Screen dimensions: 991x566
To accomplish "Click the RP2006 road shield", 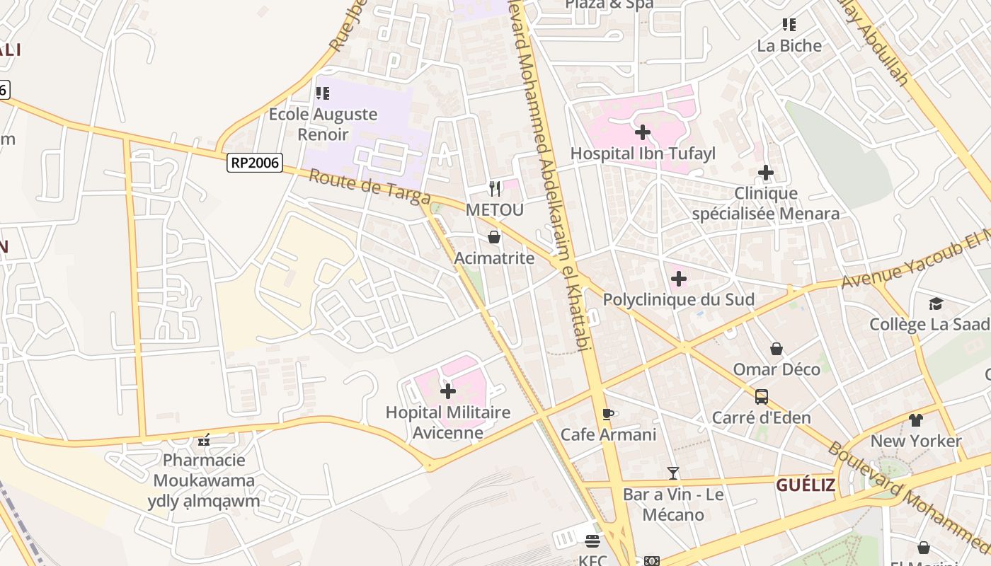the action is click(256, 163).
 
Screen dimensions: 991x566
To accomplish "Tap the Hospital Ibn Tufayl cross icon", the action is click(643, 132).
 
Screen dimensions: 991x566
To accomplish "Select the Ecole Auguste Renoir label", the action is click(323, 124).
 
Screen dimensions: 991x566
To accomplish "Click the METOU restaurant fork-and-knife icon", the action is click(495, 189).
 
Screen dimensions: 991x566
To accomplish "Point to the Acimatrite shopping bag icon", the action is click(494, 237).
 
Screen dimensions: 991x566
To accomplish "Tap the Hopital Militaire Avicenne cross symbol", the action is click(448, 391).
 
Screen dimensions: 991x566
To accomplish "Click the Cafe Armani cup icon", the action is click(607, 414).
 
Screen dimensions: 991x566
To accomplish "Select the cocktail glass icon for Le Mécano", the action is click(672, 473).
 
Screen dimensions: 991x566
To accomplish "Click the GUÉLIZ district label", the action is click(806, 485).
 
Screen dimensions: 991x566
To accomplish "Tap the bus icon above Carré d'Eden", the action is click(762, 397).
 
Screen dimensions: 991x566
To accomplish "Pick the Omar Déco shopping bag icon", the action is click(777, 349).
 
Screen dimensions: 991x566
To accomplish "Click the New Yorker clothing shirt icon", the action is click(916, 420).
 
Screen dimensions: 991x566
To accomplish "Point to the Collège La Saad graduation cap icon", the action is click(936, 304).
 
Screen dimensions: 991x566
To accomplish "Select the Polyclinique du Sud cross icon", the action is click(678, 279).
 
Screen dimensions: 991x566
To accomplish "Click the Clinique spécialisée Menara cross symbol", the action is click(765, 173).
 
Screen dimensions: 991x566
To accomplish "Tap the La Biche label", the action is click(789, 46).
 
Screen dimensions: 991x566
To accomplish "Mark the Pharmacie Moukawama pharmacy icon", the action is click(204, 440).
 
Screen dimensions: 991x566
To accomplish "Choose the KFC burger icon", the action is click(592, 541).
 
